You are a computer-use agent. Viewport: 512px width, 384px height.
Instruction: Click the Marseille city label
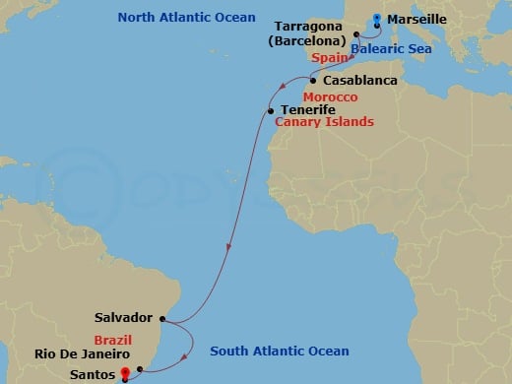pos(418,19)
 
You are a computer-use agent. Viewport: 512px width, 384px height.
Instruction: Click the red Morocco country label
pos(330,98)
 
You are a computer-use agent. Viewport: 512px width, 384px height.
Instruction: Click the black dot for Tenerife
pos(270,111)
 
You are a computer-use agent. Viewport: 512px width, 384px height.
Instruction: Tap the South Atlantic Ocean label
pos(279,352)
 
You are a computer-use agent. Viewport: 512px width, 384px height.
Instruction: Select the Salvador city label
pos(123,318)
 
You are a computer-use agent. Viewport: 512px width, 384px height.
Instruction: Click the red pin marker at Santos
pos(124,372)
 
